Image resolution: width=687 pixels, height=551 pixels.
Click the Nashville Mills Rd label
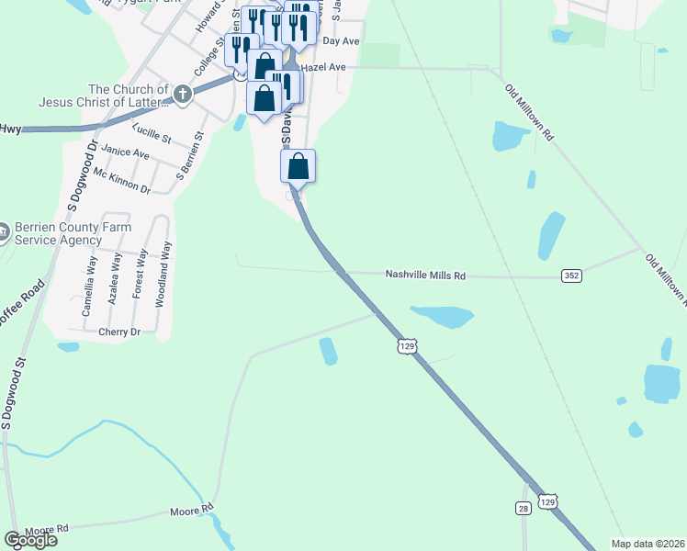pyautogui.click(x=425, y=275)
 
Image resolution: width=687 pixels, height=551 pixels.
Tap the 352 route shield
pyautogui.click(x=571, y=275)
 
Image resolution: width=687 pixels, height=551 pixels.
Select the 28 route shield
pyautogui.click(x=523, y=508)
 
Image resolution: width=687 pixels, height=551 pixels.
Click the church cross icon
pyautogui.click(x=183, y=93)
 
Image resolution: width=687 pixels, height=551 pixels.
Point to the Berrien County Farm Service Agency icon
pyautogui.click(x=3, y=233)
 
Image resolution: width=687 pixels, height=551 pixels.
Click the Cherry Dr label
pyautogui.click(x=118, y=332)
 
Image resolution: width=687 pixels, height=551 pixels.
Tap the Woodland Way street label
pyautogui.click(x=164, y=286)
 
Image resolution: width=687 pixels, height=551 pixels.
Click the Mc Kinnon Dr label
pyautogui.click(x=122, y=181)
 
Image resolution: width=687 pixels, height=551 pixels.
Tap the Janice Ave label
pyautogui.click(x=125, y=152)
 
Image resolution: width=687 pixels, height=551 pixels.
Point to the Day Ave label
pyautogui.click(x=341, y=41)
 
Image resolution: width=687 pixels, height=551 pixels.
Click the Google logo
pyautogui.click(x=30, y=540)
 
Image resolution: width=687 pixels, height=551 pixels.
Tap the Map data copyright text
pyautogui.click(x=648, y=544)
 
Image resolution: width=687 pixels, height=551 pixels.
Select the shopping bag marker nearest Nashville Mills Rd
pyautogui.click(x=298, y=166)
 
